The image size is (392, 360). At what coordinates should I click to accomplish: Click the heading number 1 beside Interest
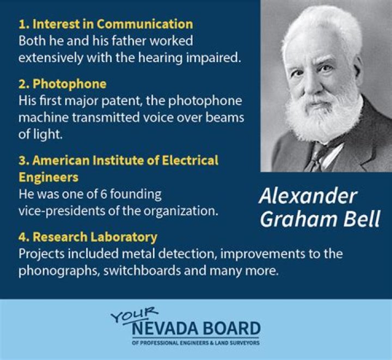click(x=22, y=25)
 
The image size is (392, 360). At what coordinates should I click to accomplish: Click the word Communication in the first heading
click(x=145, y=25)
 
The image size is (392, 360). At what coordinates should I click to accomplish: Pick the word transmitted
click(x=105, y=118)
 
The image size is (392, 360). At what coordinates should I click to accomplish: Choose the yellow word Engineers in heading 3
click(x=48, y=178)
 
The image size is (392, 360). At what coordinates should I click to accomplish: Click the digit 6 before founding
click(x=103, y=195)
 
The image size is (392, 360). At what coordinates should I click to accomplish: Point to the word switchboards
click(x=142, y=271)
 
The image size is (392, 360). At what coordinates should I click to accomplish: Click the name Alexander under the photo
click(x=308, y=196)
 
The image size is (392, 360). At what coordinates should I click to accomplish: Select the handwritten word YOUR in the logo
click(x=134, y=315)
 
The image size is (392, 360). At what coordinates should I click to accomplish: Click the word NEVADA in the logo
click(x=165, y=329)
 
